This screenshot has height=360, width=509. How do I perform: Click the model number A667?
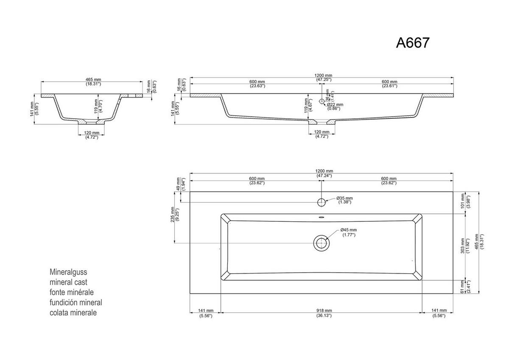[413, 43]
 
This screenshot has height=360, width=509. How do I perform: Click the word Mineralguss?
[68, 272]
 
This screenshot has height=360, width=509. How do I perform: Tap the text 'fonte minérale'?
[71, 292]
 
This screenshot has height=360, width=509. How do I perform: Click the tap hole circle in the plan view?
[322, 202]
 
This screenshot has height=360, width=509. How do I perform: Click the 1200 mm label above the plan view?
[324, 173]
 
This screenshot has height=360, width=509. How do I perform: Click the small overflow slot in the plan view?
[322, 219]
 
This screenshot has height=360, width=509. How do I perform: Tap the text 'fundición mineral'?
[76, 302]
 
